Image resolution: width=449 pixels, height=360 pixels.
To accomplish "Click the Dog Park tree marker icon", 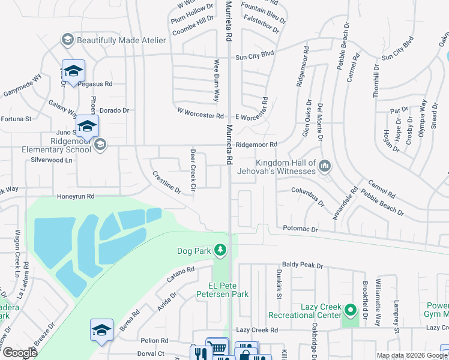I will click(220, 249).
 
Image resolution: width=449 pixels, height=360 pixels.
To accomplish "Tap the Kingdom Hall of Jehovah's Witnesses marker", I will click(325, 164).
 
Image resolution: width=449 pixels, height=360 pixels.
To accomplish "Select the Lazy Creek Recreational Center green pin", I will click(350, 310).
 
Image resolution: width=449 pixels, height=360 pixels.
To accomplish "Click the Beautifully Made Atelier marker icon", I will click(67, 40).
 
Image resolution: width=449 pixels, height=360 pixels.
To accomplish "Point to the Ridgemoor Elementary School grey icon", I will click(100, 144).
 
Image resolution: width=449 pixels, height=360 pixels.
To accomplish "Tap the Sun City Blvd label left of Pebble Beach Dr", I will click(254, 53).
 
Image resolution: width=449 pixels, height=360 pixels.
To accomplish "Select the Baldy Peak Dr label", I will click(303, 265).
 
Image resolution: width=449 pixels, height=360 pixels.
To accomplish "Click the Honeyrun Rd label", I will click(76, 196).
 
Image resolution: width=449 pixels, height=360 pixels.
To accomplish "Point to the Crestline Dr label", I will click(166, 182).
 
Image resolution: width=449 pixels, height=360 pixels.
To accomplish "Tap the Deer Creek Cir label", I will click(193, 170).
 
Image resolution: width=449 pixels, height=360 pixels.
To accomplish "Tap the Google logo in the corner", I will click(20, 353).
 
